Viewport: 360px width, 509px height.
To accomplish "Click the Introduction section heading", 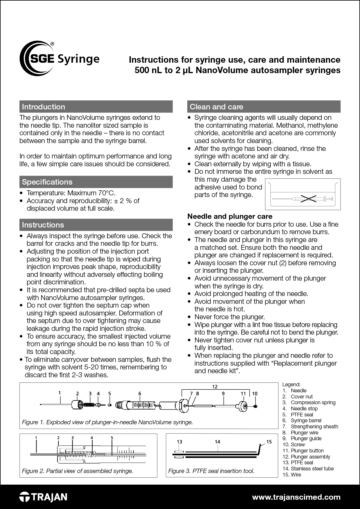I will pyautogui.click(x=44, y=107).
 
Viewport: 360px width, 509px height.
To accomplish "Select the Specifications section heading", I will pyautogui.click(x=47, y=182).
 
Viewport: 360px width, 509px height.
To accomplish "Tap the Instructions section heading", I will pyautogui.click(x=43, y=225).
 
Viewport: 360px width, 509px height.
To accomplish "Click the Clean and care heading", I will pyautogui.click(x=216, y=107).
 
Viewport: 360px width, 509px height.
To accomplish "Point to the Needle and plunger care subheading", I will pyautogui.click(x=230, y=216).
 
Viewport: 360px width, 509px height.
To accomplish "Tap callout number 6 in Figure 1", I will pyautogui.click(x=140, y=394).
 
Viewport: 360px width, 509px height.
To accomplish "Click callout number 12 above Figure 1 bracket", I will pyautogui.click(x=215, y=387).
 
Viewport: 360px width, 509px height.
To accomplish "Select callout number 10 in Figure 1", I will pyautogui.click(x=255, y=394).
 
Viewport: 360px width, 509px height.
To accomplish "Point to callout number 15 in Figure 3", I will pyautogui.click(x=269, y=442).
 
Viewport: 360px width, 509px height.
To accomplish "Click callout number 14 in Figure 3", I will pyautogui.click(x=217, y=442).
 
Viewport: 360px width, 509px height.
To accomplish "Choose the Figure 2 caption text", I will pyautogui.click(x=78, y=471).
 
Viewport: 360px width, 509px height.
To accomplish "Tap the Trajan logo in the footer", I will pyautogui.click(x=43, y=497).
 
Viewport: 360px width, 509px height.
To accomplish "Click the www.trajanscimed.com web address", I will pyautogui.click(x=296, y=497).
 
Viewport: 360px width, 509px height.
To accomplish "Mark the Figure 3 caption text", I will pyautogui.click(x=211, y=471).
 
